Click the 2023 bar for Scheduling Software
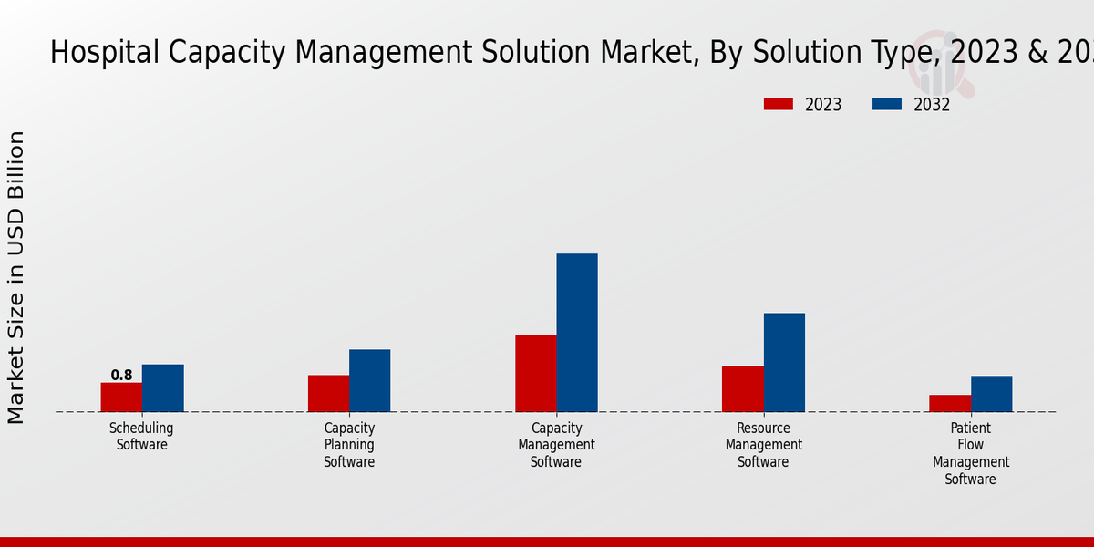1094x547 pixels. pyautogui.click(x=121, y=397)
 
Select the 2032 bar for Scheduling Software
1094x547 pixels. pyautogui.click(x=162, y=388)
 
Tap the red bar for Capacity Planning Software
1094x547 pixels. pyautogui.click(x=328, y=394)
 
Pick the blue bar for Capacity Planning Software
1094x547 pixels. pyautogui.click(x=369, y=381)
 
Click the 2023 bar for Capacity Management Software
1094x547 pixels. pyautogui.click(x=536, y=374)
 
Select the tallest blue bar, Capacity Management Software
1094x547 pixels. pyautogui.click(x=577, y=333)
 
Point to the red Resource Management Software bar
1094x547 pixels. pyautogui.click(x=743, y=389)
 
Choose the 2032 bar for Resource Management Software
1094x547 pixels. pyautogui.click(x=784, y=363)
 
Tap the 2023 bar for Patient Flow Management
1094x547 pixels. pyautogui.click(x=950, y=403)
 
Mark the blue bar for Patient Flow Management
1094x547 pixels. pyautogui.click(x=991, y=394)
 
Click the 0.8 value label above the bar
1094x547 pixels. pyautogui.click(x=121, y=375)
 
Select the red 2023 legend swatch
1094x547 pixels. pyautogui.click(x=778, y=104)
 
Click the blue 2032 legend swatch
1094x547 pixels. pyautogui.click(x=886, y=104)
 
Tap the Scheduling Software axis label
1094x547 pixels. pyautogui.click(x=141, y=437)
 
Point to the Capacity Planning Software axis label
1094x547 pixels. pyautogui.click(x=349, y=445)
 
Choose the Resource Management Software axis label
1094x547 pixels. pyautogui.click(x=763, y=445)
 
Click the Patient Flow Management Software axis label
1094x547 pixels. pyautogui.click(x=971, y=453)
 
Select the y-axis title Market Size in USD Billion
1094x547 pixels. pyautogui.click(x=16, y=277)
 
